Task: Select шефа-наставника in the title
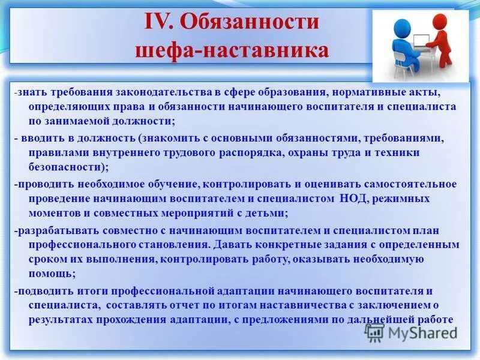click(x=232, y=50)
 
